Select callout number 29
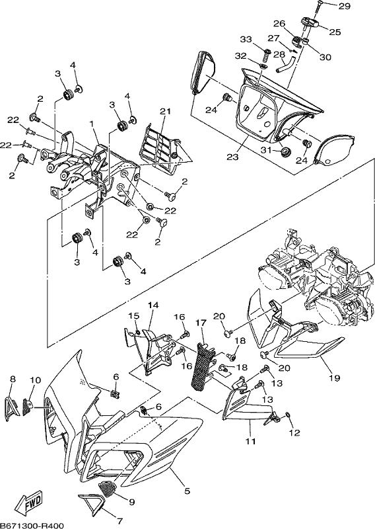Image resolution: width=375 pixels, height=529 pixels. pos(344,6)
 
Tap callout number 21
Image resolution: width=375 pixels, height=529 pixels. pos(165,111)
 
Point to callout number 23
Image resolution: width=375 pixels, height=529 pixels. pos(232,157)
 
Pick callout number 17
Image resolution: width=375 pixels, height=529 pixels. pos(201,323)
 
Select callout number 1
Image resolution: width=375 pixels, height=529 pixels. pos(91,124)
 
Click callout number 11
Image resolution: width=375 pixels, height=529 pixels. pos(251,441)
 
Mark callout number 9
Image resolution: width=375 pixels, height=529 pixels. pos(131,502)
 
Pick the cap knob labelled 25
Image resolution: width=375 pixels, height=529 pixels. pos(310,24)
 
